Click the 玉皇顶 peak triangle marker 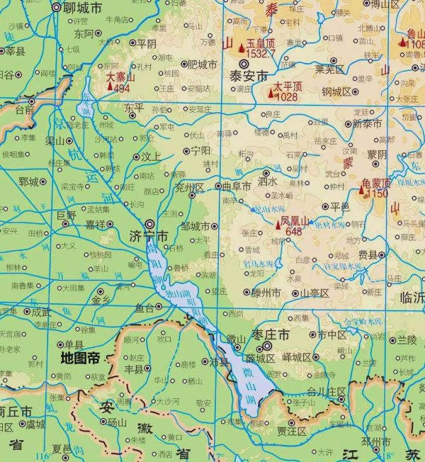point(242,47)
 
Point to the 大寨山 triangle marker point(110,86)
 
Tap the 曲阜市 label point(237,186)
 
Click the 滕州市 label point(267,292)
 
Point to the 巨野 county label point(66,214)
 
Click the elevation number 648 point(294,232)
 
